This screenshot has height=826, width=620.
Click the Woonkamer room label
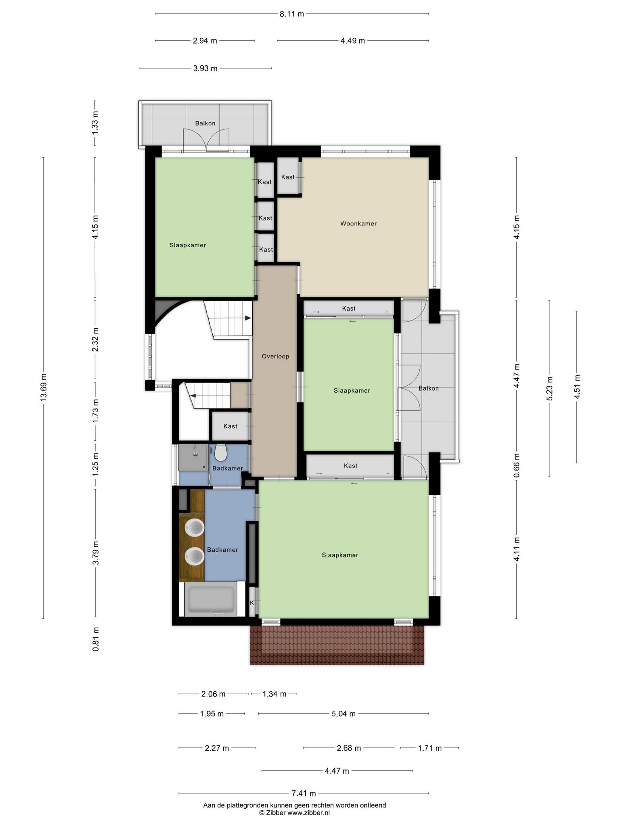(358, 223)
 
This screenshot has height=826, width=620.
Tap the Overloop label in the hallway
(275, 356)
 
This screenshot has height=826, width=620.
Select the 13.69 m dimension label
(44, 387)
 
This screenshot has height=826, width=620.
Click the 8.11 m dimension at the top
(292, 14)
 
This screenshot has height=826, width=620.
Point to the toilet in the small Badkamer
(220, 453)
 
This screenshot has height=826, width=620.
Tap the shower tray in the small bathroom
(194, 457)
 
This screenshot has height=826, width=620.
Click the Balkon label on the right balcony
(428, 388)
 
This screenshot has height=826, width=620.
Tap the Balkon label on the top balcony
(205, 123)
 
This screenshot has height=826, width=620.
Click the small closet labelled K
(253, 603)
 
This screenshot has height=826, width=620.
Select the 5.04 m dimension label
(344, 714)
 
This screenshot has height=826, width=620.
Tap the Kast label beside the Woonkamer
(288, 177)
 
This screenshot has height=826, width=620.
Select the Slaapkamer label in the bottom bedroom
(340, 555)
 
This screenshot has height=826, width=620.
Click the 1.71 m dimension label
(429, 748)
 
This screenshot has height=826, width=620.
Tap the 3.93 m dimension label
(205, 69)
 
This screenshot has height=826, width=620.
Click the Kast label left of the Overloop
(230, 426)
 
